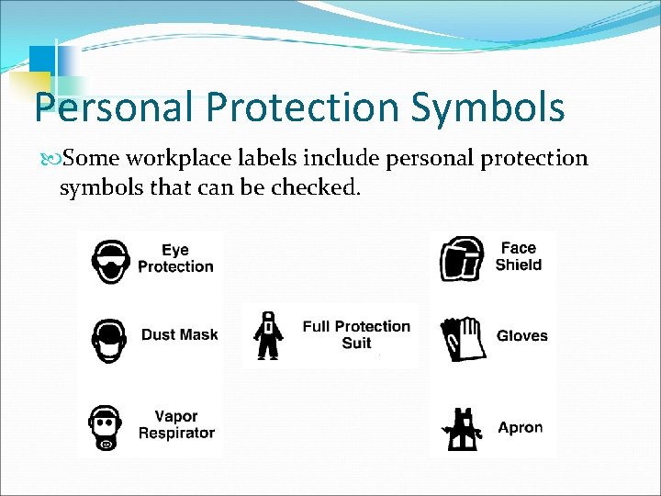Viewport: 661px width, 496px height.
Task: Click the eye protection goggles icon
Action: click(x=110, y=259)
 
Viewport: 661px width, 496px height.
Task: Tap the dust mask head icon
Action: click(x=110, y=339)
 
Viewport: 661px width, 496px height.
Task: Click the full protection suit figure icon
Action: click(x=267, y=335)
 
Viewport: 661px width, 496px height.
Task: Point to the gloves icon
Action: click(x=463, y=337)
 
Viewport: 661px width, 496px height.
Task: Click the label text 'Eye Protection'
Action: click(x=175, y=258)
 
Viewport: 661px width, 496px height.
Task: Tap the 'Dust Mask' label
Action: click(x=179, y=334)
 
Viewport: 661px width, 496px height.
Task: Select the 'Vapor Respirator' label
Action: click(x=176, y=424)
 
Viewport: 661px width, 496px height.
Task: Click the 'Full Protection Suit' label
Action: click(x=356, y=334)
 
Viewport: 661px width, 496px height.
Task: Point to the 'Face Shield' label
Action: click(x=519, y=256)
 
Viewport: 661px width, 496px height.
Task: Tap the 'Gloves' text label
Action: click(x=521, y=336)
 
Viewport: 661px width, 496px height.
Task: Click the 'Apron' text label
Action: click(x=521, y=427)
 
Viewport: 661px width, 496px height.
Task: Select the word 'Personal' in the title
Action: click(x=114, y=107)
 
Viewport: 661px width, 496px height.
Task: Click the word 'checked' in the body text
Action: click(x=311, y=188)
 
